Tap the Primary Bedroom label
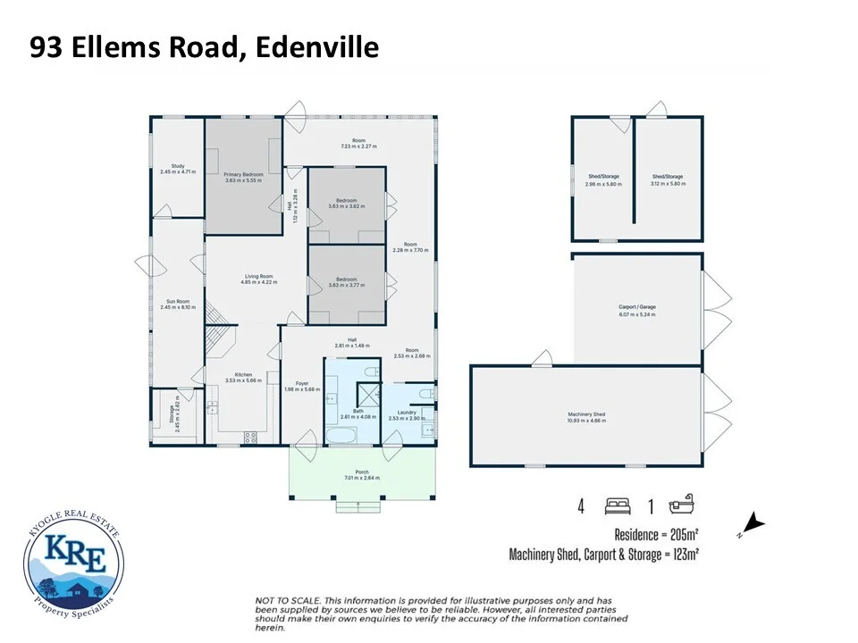[243, 174]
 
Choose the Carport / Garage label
[637, 312]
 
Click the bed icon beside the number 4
[618, 506]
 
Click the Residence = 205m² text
[655, 534]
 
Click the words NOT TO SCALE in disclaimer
[284, 600]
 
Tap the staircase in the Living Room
[215, 314]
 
